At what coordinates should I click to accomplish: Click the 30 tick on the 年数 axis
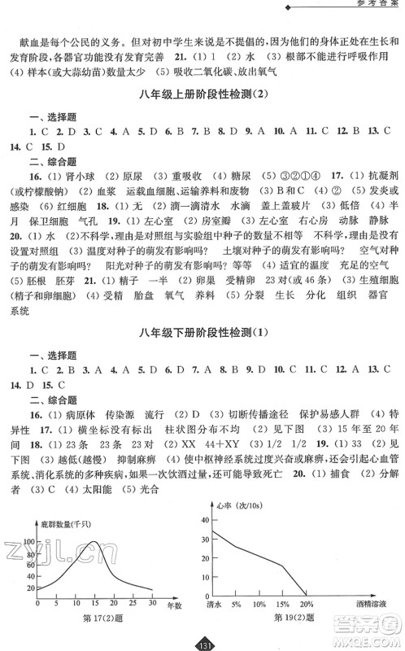click(x=151, y=601)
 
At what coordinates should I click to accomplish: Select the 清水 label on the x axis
click(x=216, y=605)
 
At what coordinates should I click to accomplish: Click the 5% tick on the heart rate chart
click(x=238, y=605)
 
